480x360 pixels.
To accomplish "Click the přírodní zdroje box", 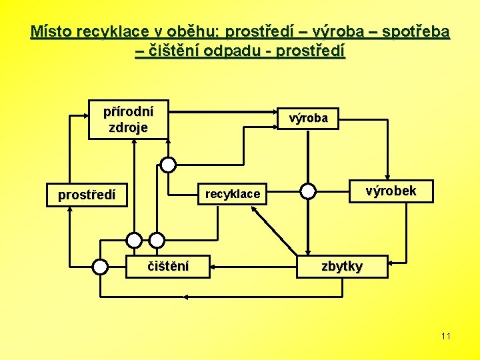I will click(128, 119).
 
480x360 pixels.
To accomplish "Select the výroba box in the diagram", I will click(308, 118).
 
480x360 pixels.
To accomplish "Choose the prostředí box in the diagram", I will click(86, 195).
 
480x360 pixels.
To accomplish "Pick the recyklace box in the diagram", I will click(232, 194).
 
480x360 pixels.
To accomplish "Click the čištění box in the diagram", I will click(168, 267).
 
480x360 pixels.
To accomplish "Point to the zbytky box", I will click(342, 267).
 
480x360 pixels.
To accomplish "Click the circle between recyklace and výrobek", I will click(307, 191).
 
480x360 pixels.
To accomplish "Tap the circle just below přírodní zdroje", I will click(168, 165).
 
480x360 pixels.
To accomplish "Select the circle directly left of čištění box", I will click(100, 267).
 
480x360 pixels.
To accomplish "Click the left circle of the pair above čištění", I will click(135, 240).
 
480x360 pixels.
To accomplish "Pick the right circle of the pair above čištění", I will click(157, 240).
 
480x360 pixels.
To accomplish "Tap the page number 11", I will click(446, 336).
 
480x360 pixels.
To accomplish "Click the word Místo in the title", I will click(52, 31).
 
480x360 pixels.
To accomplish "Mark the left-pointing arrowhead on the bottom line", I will click(186, 297).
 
